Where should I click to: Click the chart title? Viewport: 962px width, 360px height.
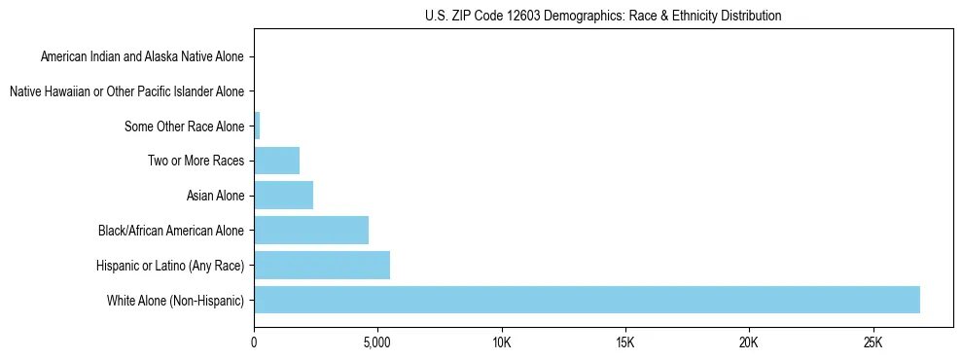603,16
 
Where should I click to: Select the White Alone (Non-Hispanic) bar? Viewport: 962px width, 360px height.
587,300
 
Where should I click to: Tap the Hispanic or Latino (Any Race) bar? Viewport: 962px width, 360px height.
322,265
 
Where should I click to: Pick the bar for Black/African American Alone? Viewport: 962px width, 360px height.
311,231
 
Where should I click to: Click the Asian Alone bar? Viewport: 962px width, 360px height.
283,196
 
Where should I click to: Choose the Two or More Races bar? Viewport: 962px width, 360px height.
276,161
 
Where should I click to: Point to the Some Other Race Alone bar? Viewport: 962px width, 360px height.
257,126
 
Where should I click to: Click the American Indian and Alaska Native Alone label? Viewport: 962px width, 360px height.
143,56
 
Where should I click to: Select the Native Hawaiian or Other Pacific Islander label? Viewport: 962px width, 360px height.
126,91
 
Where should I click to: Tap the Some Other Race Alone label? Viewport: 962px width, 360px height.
185,126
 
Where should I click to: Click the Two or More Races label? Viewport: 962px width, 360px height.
196,161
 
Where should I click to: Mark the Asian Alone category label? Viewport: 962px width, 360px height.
215,196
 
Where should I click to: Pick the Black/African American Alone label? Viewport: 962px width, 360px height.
171,231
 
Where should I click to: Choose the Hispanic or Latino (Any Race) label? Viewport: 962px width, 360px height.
170,266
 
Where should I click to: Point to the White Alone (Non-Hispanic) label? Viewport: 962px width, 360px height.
176,300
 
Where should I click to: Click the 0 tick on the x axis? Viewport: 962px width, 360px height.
254,343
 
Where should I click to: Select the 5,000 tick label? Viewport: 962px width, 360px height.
377,343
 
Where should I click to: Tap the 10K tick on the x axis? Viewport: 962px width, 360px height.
501,343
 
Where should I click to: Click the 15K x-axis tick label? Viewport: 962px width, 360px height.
624,343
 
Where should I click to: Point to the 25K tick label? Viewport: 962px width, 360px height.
873,343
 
